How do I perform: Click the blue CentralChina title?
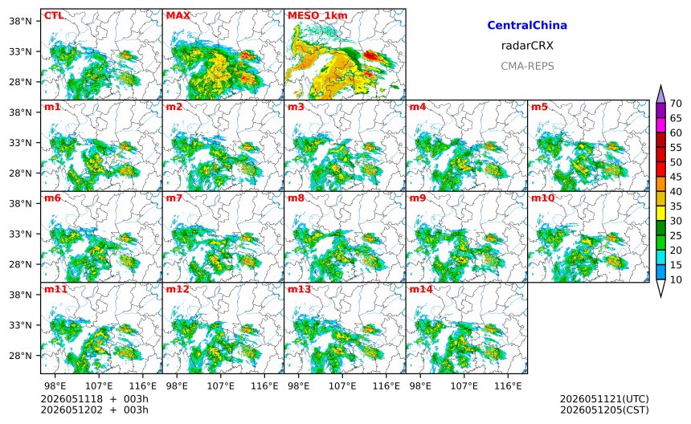[x=527, y=25]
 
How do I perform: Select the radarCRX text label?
[x=527, y=45]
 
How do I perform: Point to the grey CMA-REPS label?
[x=527, y=66]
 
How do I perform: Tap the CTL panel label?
[x=53, y=16]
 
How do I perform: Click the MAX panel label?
[x=178, y=16]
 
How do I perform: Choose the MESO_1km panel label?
[x=317, y=16]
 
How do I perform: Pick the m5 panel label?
[x=539, y=107]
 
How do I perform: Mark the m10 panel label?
[x=542, y=198]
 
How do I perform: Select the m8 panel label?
[x=296, y=198]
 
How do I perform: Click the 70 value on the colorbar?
[x=676, y=104]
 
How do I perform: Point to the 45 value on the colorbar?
[x=676, y=177]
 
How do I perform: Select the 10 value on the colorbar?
[x=676, y=279]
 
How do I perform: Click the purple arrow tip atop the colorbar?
[x=660, y=86]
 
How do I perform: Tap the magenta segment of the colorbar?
[x=660, y=125]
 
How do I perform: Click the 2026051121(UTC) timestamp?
[x=604, y=399]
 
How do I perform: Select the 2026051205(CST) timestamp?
[x=604, y=410]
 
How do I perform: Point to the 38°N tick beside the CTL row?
[x=21, y=21]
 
